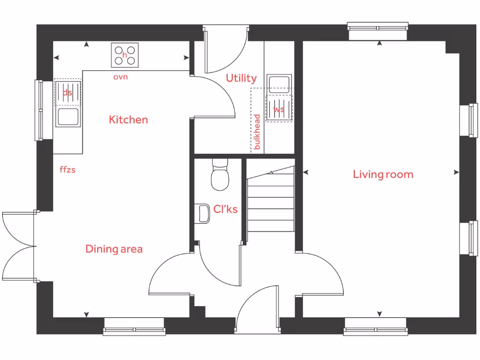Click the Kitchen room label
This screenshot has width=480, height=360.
128,120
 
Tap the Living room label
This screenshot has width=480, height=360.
383,174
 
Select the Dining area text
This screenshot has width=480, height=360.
114,249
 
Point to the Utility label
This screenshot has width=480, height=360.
241,78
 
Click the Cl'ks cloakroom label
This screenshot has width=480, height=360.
225,209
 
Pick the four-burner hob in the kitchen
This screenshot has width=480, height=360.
125,55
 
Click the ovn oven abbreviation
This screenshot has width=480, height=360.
120,77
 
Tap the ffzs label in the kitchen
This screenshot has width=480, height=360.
67,170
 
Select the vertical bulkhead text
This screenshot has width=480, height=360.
257,132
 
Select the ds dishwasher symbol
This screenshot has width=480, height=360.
67,92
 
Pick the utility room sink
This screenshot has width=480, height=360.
279,83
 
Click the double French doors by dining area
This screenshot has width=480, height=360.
19,246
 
